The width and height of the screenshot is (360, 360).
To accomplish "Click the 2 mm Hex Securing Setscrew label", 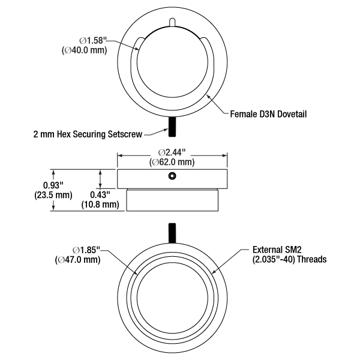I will pyautogui.click(x=88, y=134).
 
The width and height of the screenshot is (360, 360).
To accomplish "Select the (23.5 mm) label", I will pyautogui.click(x=37, y=195).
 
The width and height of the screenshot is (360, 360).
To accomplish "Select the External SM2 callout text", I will pyautogui.click(x=281, y=250).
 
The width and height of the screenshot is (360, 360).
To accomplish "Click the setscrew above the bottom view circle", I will pyautogui.click(x=173, y=232).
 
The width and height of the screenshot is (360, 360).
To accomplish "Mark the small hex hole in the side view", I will pyautogui.click(x=173, y=176).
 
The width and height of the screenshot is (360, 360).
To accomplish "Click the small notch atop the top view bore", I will pyautogui.click(x=173, y=22).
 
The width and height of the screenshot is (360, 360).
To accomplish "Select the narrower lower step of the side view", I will pyautogui.click(x=173, y=200).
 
